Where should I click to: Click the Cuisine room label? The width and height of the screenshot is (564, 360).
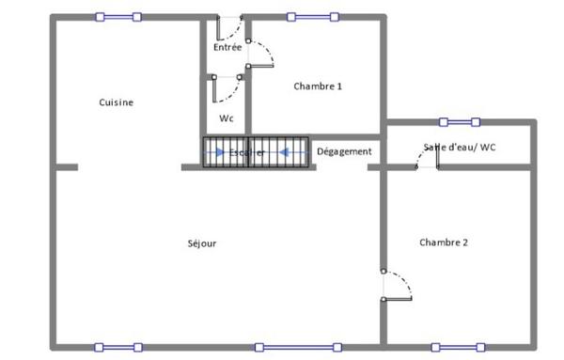click(116, 102)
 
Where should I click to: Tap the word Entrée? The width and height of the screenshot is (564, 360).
click(227, 46)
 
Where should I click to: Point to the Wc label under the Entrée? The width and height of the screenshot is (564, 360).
click(226, 118)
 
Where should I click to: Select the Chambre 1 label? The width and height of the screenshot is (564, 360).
click(318, 86)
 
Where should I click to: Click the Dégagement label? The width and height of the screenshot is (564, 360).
click(344, 151)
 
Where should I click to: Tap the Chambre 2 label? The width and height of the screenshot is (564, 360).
click(443, 243)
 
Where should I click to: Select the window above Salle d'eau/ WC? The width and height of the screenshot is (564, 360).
click(460, 121)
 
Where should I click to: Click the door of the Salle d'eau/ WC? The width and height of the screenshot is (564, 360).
click(428, 160)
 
